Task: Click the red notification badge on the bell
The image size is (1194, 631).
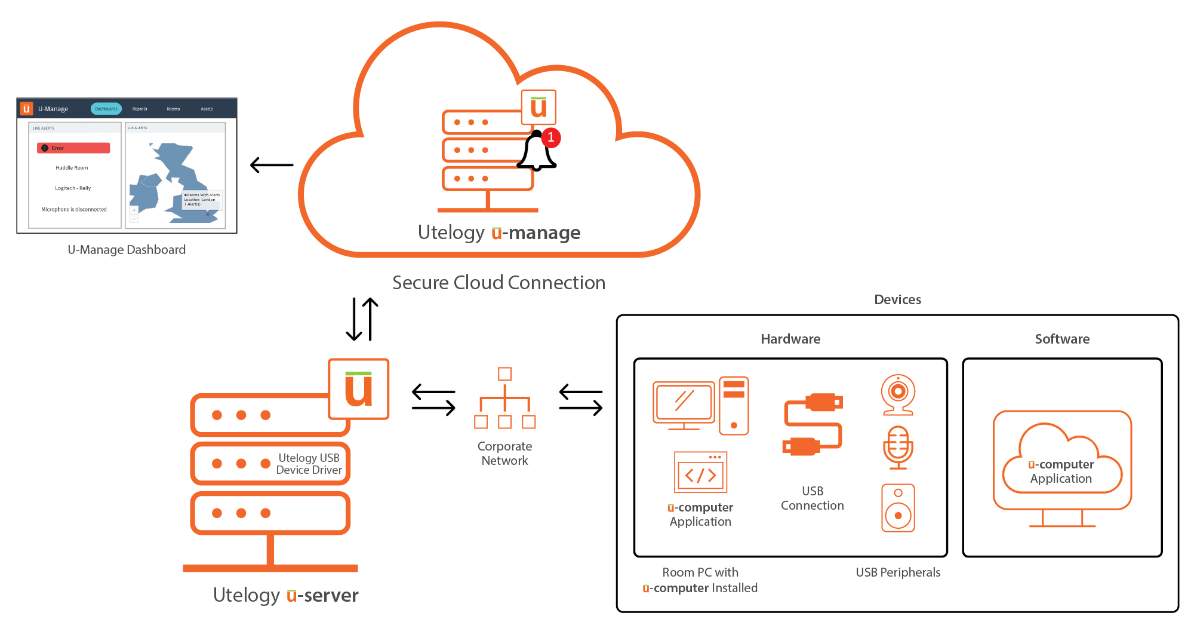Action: [x=551, y=137]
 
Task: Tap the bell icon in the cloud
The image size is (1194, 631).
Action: [x=536, y=154]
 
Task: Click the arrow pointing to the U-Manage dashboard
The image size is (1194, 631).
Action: [x=272, y=165]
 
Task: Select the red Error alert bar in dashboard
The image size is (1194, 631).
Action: [x=73, y=148]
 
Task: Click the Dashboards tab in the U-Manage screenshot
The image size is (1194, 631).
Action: [x=106, y=109]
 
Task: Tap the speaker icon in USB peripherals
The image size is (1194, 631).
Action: [x=898, y=507]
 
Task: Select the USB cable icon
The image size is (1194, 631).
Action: [x=813, y=424]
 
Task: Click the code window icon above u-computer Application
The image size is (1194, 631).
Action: [x=700, y=472]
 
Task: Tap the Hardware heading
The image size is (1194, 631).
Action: [x=790, y=339]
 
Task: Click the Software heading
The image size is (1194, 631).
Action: [x=1062, y=339]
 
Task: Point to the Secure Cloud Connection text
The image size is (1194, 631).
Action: [x=498, y=283]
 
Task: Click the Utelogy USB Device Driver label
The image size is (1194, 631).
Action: [x=309, y=464]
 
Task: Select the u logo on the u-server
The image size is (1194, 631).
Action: [x=359, y=389]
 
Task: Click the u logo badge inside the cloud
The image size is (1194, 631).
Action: [x=538, y=107]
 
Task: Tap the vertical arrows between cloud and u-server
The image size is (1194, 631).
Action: [x=362, y=319]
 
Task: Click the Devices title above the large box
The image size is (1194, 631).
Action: [x=897, y=300]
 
